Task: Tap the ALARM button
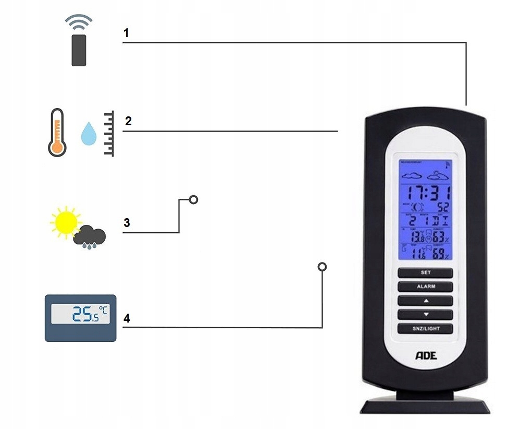pyautogui.click(x=425, y=287)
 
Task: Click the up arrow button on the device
pyautogui.click(x=425, y=301)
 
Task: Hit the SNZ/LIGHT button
pyautogui.click(x=425, y=328)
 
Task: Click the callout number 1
pyautogui.click(x=126, y=33)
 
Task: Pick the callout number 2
pyautogui.click(x=128, y=121)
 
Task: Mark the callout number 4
pyautogui.click(x=127, y=318)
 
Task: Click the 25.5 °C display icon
pyautogui.click(x=80, y=317)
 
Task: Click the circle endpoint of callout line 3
pyautogui.click(x=194, y=199)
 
